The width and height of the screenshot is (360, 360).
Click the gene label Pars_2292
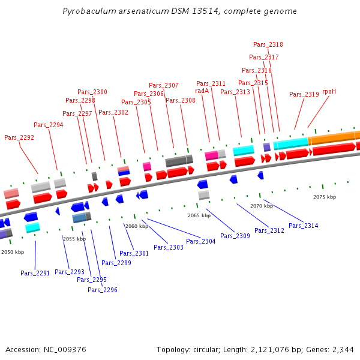19,137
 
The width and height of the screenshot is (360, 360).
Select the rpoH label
329,92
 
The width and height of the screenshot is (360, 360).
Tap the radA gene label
202,91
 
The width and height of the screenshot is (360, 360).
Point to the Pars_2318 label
268,44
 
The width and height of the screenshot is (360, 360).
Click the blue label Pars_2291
35,273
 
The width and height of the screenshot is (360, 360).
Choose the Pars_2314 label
304,226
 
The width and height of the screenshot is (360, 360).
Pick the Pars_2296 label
103,290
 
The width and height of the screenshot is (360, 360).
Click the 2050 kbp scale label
13,253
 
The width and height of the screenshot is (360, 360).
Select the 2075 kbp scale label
325,197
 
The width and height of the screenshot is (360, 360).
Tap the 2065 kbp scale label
199,215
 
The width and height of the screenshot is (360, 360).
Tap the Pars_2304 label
200,241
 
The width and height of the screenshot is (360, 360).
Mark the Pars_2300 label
92,92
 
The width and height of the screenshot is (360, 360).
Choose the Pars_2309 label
235,236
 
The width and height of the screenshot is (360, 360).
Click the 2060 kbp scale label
136,226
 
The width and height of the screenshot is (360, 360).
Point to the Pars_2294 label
49,125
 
